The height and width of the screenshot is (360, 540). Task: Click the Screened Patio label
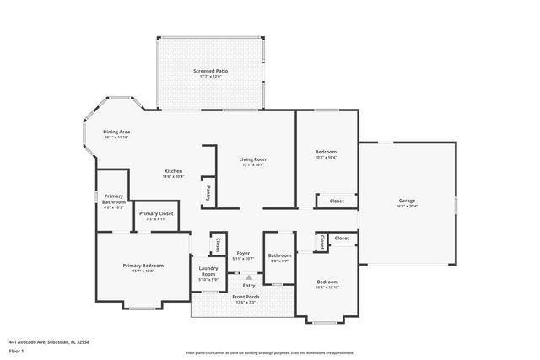(x=210, y=71)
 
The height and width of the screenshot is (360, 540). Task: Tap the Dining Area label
(x=116, y=132)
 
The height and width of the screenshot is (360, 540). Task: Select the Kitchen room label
(x=173, y=171)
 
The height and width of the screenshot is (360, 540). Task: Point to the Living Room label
(x=253, y=159)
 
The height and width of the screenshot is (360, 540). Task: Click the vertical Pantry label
(x=208, y=192)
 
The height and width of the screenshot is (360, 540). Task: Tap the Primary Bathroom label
(x=114, y=201)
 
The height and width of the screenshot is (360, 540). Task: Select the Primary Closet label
(x=156, y=214)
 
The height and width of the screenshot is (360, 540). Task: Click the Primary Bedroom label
(x=142, y=265)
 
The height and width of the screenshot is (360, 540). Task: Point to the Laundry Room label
(x=208, y=272)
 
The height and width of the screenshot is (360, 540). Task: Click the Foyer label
(x=243, y=253)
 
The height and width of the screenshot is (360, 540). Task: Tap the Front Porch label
(x=246, y=297)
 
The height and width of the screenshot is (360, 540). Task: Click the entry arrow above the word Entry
(x=249, y=276)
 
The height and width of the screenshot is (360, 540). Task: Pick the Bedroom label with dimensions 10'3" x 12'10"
(x=327, y=282)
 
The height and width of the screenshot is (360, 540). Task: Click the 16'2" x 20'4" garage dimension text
(x=408, y=206)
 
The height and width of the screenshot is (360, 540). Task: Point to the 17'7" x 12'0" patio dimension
(x=210, y=77)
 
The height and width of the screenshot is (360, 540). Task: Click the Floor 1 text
(x=18, y=350)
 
